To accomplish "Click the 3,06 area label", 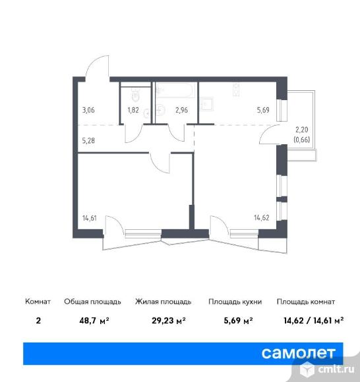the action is tap(88, 110).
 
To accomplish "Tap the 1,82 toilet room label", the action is tap(133, 110).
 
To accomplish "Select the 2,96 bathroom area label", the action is tap(181, 110).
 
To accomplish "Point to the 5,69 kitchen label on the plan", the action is tap(263, 110).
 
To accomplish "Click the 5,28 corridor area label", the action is tap(88, 140).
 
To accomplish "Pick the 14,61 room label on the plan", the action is tap(90, 218).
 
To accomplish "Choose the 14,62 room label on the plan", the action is tap(262, 217).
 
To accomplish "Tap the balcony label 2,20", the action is tap(302, 130).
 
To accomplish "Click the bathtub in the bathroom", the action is tap(175, 90).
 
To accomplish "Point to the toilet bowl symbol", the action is tap(135, 95).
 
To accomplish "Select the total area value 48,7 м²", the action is tap(94, 321).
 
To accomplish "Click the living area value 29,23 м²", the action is tap(169, 321).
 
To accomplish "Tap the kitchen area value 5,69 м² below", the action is tap(238, 321).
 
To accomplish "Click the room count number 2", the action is tap(38, 321).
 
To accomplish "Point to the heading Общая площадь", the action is tap(92, 302).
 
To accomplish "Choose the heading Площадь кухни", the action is tap(235, 302).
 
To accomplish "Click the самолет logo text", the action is tap(299, 353).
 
